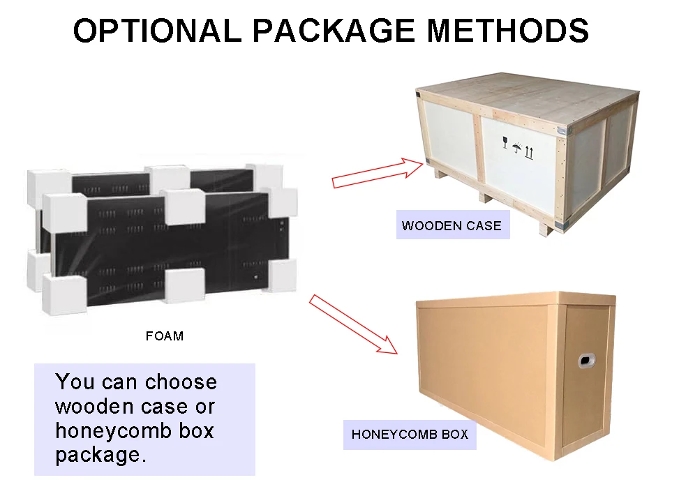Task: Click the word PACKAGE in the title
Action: (x=334, y=31)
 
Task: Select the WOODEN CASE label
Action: (x=452, y=225)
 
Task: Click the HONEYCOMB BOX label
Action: (x=410, y=435)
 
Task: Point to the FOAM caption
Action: (x=165, y=336)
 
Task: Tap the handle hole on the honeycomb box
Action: (x=587, y=360)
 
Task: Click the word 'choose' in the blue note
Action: (x=181, y=382)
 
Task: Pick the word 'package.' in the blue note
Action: (x=100, y=456)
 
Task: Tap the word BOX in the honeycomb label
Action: (x=454, y=435)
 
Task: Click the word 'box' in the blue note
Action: (x=195, y=431)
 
